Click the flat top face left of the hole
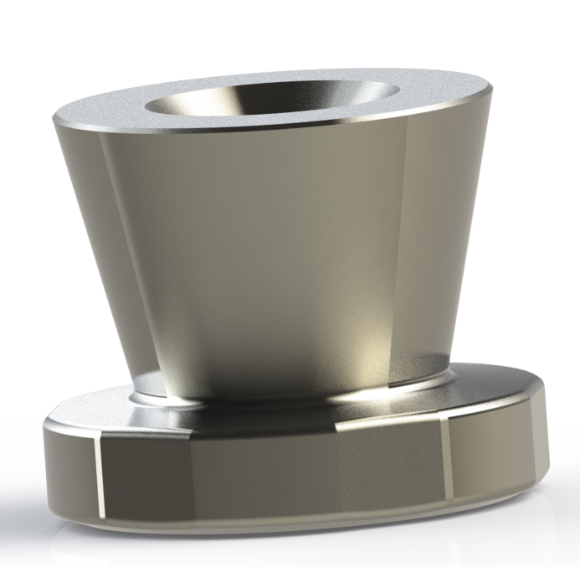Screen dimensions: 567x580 [x=109, y=111]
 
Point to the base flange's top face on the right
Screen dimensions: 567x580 [x=485, y=381]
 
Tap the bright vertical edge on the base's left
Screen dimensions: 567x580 [x=98, y=473]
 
